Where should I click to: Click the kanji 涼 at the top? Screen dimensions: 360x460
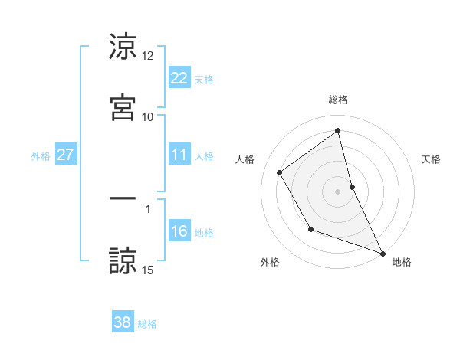pyautogui.click(x=123, y=47)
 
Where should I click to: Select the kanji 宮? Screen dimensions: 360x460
pyautogui.click(x=123, y=106)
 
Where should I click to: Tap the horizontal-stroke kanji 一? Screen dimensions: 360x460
pyautogui.click(x=123, y=198)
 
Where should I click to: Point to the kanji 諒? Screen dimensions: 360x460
pyautogui.click(x=123, y=259)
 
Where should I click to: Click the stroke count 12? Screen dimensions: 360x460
pyautogui.click(x=148, y=56)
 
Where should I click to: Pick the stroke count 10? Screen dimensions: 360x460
pyautogui.click(x=148, y=116)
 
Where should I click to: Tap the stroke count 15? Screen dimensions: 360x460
pyautogui.click(x=148, y=269)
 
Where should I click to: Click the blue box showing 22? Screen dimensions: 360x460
pyautogui.click(x=179, y=77)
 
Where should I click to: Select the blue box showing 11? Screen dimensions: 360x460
pyautogui.click(x=179, y=155)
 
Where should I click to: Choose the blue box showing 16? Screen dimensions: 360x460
pyautogui.click(x=179, y=231)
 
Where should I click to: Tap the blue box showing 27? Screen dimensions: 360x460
pyautogui.click(x=66, y=155)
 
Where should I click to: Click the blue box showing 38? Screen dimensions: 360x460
pyautogui.click(x=123, y=322)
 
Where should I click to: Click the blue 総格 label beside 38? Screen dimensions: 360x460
pyautogui.click(x=147, y=324)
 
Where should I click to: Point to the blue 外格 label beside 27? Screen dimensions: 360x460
pyautogui.click(x=41, y=156)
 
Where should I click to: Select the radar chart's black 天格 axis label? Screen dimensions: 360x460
pyautogui.click(x=432, y=159)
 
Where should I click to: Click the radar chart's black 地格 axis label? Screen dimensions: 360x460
pyautogui.click(x=402, y=262)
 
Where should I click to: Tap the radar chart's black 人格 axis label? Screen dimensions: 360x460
pyautogui.click(x=245, y=159)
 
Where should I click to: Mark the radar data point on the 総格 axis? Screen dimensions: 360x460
pyautogui.click(x=338, y=130)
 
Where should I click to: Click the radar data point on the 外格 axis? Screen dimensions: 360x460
pyautogui.click(x=310, y=229)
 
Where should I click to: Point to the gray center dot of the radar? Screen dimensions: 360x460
pyautogui.click(x=338, y=191)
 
